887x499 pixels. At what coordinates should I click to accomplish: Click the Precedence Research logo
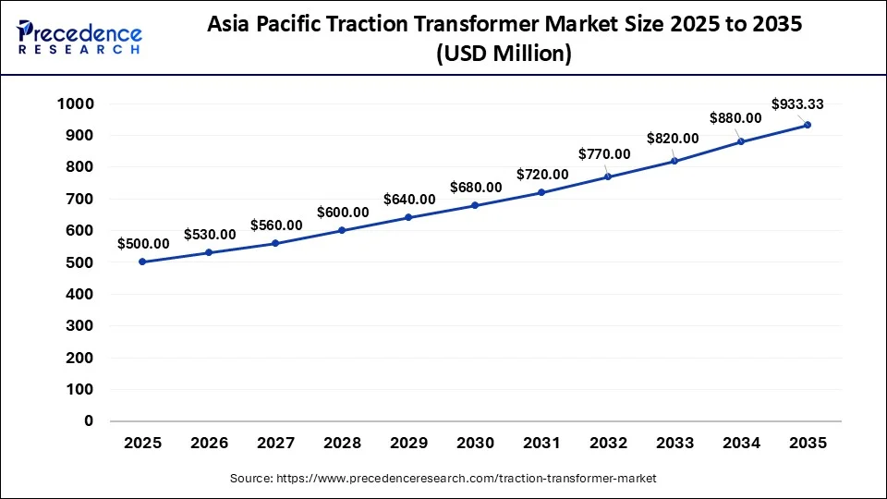click(79, 38)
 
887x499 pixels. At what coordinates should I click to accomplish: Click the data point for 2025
click(142, 262)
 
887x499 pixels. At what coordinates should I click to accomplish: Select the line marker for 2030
click(475, 205)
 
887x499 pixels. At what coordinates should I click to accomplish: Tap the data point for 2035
click(808, 125)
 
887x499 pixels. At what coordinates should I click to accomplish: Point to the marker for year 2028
click(342, 230)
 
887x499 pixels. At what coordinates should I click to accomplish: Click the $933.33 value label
click(798, 103)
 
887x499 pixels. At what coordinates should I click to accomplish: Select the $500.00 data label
click(143, 243)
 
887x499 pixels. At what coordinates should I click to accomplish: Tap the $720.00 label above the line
click(542, 174)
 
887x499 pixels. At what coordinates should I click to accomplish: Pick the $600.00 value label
click(343, 212)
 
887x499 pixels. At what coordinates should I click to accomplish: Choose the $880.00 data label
click(735, 117)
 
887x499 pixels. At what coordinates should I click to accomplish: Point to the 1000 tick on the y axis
click(75, 103)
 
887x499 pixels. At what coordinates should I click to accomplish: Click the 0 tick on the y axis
click(89, 420)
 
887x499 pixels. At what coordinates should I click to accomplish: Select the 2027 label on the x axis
click(275, 444)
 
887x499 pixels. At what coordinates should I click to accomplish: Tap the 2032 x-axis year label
click(608, 444)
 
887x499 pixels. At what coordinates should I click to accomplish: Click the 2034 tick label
click(741, 444)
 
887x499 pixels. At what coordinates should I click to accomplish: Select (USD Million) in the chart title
click(504, 55)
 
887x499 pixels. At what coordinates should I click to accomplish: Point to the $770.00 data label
click(604, 154)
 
